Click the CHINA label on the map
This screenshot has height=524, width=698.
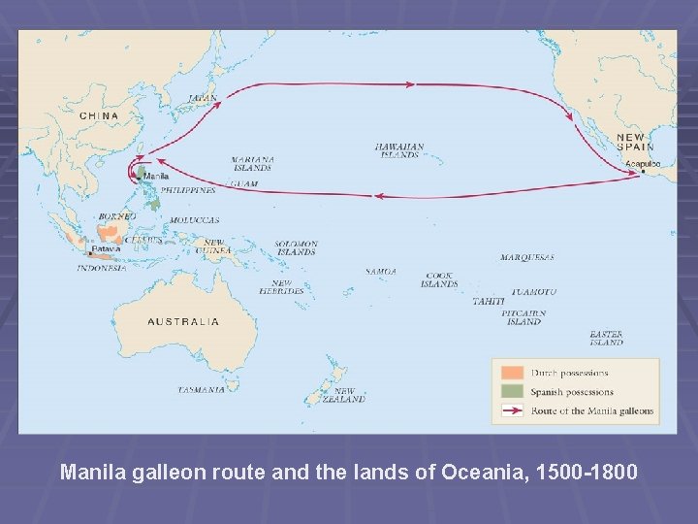99,115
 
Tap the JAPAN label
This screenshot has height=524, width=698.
202,98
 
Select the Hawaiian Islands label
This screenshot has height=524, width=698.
399,150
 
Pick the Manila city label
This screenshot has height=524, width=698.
156,176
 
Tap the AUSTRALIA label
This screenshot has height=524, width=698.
182,321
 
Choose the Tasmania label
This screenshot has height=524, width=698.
201,390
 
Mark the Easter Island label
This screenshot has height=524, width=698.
607,339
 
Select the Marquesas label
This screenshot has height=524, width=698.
527,258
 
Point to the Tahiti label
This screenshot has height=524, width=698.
488,302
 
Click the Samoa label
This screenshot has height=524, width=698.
380,272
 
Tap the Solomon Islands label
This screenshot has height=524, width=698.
295,248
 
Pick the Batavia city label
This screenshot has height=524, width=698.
107,248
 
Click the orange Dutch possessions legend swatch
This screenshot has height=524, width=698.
512,373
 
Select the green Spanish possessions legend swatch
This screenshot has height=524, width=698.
512,392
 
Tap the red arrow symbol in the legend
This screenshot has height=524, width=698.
512,410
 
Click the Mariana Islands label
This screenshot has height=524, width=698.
252,163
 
